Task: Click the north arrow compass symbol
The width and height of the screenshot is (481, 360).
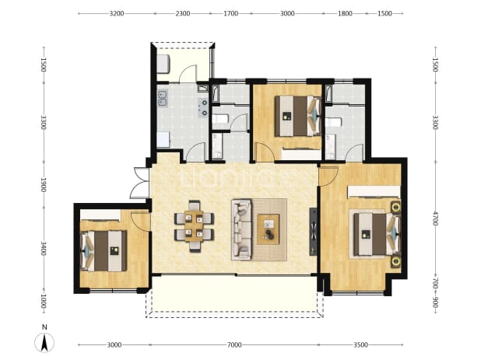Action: [44, 342]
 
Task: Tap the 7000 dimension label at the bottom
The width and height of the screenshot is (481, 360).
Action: [234, 345]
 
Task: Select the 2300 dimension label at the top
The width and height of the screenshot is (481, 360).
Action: [183, 13]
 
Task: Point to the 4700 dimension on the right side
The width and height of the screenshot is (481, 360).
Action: [435, 218]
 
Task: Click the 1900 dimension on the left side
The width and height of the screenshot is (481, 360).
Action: [44, 185]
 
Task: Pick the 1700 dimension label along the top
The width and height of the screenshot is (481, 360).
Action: [231, 13]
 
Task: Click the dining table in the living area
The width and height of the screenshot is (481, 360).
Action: [194, 226]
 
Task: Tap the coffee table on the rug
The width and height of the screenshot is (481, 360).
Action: [268, 229]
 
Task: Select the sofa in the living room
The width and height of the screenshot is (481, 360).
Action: [241, 230]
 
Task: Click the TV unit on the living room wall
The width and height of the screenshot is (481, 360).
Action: [313, 232]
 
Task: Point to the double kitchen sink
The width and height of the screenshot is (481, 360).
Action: [162, 98]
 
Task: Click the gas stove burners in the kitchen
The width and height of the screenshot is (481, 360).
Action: [203, 108]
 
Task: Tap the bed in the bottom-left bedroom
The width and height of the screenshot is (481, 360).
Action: [104, 251]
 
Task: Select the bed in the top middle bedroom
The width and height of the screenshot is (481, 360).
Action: [297, 116]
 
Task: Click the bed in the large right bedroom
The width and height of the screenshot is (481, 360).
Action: [377, 234]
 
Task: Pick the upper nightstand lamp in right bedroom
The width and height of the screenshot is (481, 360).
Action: [395, 207]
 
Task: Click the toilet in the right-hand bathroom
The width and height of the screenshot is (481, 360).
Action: [333, 122]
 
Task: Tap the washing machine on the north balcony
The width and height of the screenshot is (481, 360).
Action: [163, 64]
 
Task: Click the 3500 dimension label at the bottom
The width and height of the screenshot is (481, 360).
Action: [361, 345]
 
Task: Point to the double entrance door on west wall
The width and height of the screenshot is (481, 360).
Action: [140, 183]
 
